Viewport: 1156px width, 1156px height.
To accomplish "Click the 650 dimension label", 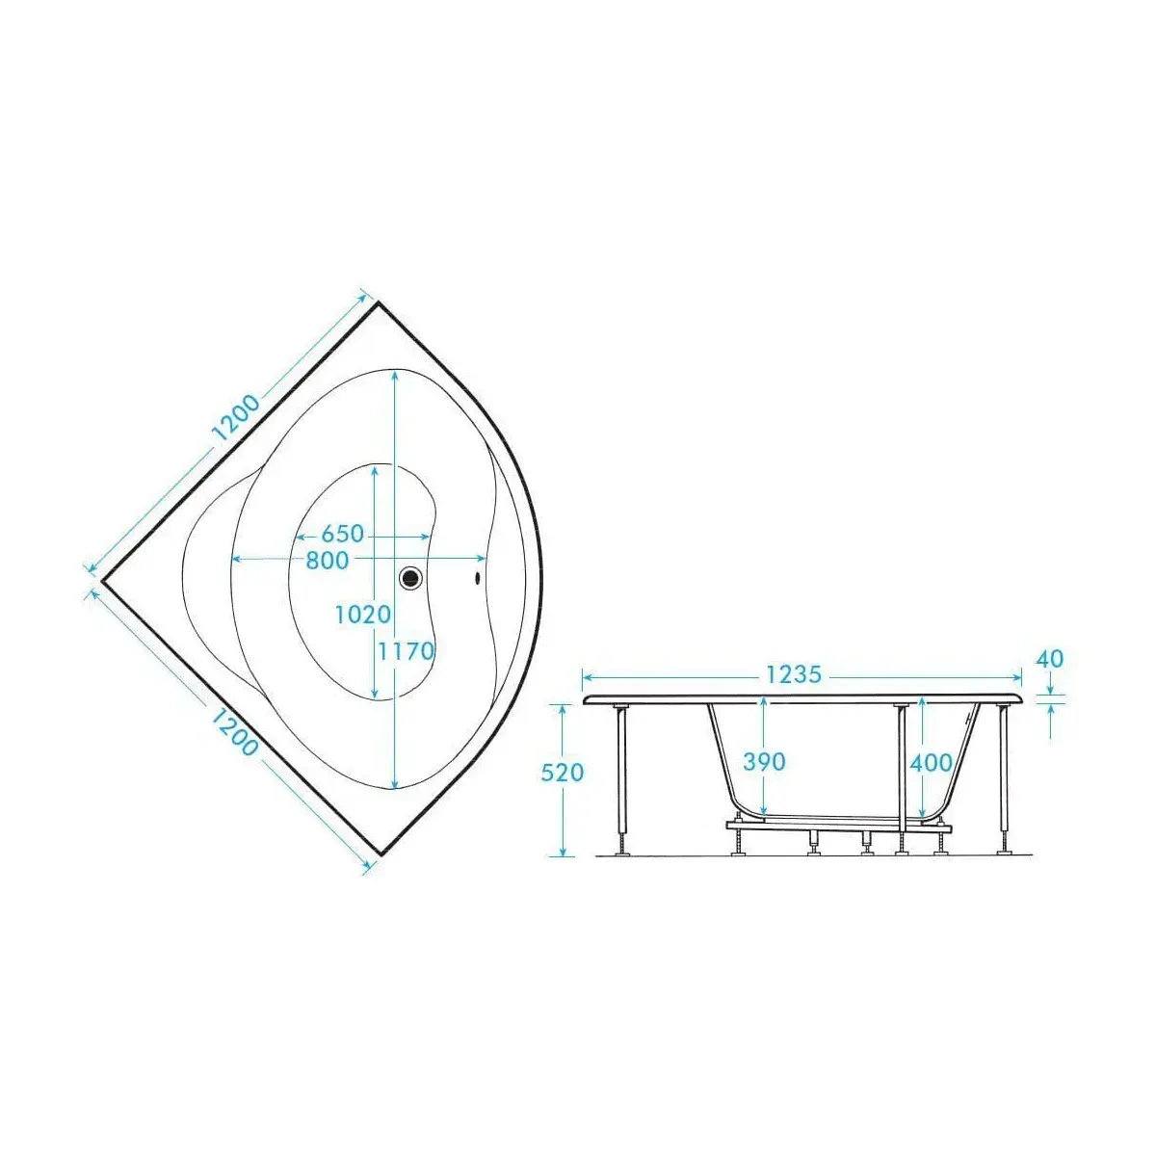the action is pos(343,534).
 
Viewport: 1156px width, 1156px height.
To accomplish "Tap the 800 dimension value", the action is pos(327,561).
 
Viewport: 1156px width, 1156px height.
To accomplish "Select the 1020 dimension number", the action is pos(363,615).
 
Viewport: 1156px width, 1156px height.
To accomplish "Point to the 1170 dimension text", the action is pos(406,651).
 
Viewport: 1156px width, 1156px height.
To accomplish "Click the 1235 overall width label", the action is pos(794,675).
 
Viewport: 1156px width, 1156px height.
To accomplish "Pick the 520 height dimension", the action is pos(562,773).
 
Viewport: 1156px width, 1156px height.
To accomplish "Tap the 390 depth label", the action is pos(764,762).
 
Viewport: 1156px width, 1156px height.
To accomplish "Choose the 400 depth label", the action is pos(931,763).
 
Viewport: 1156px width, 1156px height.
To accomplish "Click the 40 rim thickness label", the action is pos(1050,659).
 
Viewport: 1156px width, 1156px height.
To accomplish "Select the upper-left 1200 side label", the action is pos(236,418).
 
